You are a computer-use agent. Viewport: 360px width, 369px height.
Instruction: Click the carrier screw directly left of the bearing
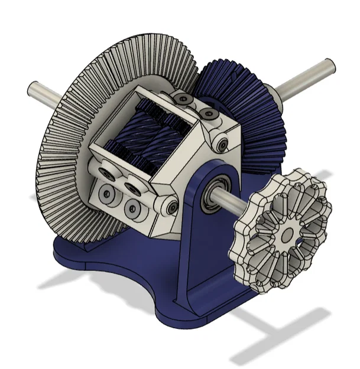click(171, 206)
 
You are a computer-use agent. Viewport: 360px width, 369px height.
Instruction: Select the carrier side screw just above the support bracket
click(222, 145)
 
